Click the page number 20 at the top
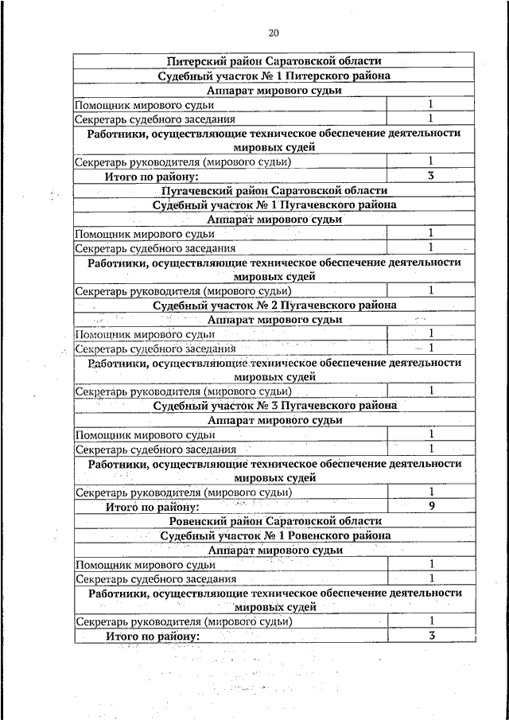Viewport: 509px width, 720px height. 274,33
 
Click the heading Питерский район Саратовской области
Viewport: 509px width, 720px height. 274,61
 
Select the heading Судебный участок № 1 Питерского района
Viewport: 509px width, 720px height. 274,76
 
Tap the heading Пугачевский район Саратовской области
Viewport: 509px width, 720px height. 274,191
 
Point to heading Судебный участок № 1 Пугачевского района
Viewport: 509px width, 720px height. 274,205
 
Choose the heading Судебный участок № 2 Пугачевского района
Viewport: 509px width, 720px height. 274,306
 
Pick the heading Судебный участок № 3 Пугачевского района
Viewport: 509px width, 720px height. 274,406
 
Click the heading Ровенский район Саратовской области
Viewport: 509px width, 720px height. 274,521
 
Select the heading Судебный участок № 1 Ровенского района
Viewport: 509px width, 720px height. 274,535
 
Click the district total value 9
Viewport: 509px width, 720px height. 430,506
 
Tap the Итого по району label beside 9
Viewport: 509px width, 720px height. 151,507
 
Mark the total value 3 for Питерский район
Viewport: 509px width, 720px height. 430,177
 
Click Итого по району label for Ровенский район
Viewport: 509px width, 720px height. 151,636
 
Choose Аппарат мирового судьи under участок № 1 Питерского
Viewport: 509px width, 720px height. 274,90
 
